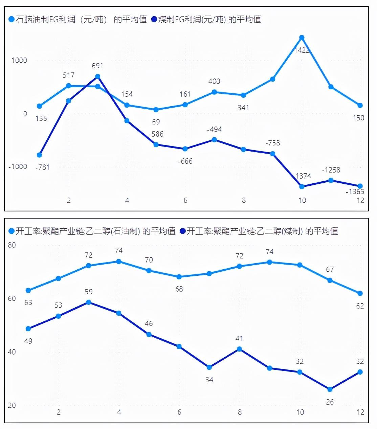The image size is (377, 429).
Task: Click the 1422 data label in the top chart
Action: pyautogui.click(x=302, y=50)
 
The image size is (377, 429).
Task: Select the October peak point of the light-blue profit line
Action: pyautogui.click(x=302, y=38)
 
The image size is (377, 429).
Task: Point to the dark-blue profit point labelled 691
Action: pyautogui.click(x=97, y=76)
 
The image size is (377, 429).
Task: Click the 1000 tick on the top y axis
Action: pyautogui.click(x=19, y=61)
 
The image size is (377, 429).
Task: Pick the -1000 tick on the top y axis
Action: pyautogui.click(x=18, y=166)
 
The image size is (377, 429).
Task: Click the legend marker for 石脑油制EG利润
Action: pyautogui.click(x=12, y=20)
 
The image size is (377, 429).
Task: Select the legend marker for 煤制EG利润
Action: pyautogui.click(x=154, y=20)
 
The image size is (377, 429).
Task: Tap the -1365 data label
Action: pyautogui.click(x=355, y=192)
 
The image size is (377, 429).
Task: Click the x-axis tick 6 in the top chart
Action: pyautogui.click(x=185, y=200)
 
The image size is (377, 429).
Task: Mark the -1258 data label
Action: pyautogui.click(x=331, y=170)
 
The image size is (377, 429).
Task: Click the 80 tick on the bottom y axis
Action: pyautogui.click(x=12, y=245)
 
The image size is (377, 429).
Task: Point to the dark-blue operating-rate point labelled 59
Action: pyautogui.click(x=89, y=302)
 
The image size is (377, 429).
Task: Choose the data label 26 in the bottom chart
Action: pyautogui.click(x=330, y=402)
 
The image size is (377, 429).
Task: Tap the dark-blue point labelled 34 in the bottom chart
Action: pyautogui.click(x=209, y=367)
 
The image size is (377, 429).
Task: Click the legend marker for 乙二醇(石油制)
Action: pyautogui.click(x=12, y=231)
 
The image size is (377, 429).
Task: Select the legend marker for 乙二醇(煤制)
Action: pyautogui.click(x=183, y=231)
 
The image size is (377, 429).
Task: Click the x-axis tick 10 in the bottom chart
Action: pyautogui.click(x=300, y=412)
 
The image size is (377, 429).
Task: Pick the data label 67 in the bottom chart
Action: pyautogui.click(x=330, y=269)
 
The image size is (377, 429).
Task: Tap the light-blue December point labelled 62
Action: pyautogui.click(x=360, y=293)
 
